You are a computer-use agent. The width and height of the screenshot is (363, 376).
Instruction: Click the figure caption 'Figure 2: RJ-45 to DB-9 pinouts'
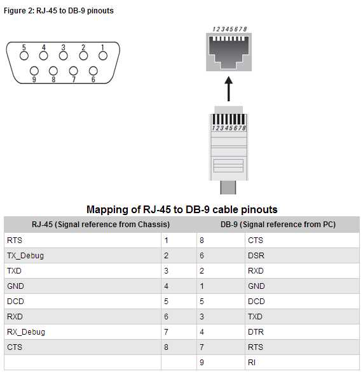point(58,11)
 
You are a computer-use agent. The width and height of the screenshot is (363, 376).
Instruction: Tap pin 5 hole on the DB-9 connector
point(24,55)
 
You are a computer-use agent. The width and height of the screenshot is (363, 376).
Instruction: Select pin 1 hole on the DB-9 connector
point(102,55)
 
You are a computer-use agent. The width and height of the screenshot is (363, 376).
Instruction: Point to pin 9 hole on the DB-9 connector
point(34,71)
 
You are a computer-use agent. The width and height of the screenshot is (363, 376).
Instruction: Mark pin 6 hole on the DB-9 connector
point(93,71)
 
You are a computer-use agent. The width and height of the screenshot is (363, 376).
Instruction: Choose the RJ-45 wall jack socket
point(228,52)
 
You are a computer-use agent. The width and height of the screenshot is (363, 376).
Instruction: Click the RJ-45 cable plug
point(228,146)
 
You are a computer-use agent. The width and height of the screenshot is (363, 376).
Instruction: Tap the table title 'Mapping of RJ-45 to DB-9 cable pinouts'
point(182,209)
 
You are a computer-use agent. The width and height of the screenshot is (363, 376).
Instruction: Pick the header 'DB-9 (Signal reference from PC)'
point(278,225)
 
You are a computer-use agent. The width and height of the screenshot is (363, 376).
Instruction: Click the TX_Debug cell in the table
point(25,255)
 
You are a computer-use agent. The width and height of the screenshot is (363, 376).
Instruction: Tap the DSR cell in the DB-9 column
point(256,255)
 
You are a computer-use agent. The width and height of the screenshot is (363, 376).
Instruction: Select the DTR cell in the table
point(256,331)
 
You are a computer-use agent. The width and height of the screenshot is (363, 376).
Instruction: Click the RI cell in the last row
point(252,362)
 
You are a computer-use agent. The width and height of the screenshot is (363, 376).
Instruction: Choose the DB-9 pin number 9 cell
point(202,362)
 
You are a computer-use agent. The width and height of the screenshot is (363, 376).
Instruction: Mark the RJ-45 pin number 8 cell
point(166,347)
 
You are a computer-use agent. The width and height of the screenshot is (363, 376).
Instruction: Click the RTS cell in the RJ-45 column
point(14,240)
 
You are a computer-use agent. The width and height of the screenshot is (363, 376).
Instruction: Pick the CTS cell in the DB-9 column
point(256,240)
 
